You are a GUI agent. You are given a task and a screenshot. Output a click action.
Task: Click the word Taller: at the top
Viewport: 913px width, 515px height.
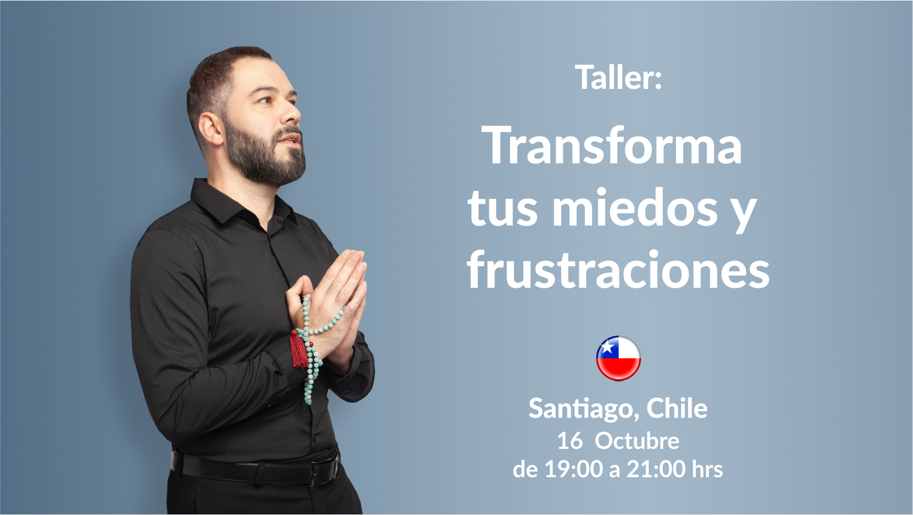pos(618,77)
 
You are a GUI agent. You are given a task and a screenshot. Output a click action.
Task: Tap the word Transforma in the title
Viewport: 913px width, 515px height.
pos(612,145)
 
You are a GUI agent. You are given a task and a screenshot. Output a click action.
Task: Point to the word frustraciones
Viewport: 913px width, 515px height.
pos(618,269)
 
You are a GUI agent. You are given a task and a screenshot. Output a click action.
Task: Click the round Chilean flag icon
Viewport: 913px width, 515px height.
pos(618,358)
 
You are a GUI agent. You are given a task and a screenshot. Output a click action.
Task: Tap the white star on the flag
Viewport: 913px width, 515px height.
pos(607,347)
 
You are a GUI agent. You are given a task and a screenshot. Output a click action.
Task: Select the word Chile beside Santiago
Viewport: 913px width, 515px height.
pos(677,408)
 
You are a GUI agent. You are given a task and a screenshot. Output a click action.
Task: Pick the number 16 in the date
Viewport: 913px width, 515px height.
pos(570,441)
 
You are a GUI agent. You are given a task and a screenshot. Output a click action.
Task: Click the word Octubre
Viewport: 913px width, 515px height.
pos(637,441)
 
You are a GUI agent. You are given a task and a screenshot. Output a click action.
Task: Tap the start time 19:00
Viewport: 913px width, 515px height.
pos(573,469)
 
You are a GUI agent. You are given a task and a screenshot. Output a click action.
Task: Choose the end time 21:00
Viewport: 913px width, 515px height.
pos(656,469)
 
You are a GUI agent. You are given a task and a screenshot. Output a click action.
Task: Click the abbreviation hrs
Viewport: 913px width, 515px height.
pos(708,469)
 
